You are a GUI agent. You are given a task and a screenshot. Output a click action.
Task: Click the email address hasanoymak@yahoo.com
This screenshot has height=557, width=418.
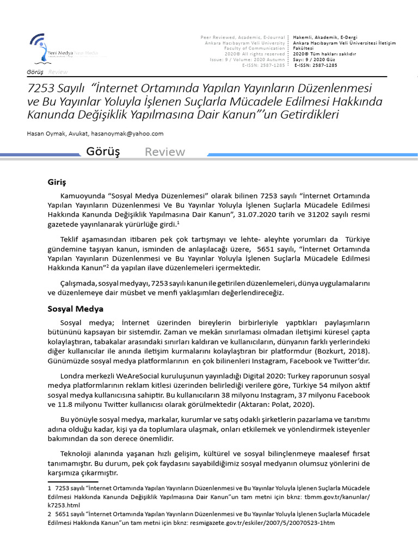[x=127, y=133]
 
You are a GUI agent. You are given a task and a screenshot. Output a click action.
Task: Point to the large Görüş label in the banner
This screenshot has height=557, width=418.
[x=103, y=152]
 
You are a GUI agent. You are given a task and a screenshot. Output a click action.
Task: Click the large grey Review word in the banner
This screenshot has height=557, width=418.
[x=164, y=152]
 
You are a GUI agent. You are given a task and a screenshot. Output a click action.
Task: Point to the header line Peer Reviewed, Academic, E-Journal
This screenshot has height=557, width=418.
[x=243, y=37]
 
